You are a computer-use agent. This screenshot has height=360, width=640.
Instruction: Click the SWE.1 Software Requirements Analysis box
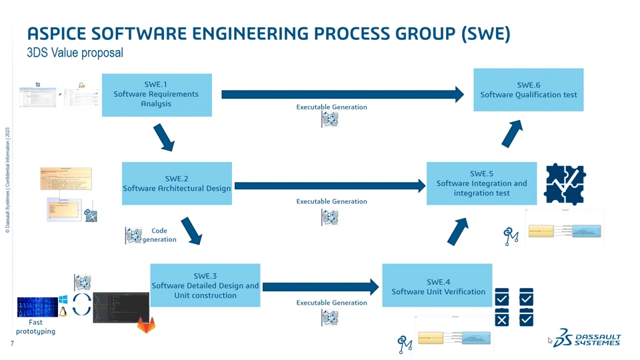[x=157, y=95]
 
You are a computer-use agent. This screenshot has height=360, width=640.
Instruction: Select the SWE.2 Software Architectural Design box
[x=177, y=183]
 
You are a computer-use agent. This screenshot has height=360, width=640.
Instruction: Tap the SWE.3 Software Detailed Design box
[x=205, y=285]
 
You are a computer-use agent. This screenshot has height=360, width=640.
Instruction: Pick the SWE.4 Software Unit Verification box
[x=437, y=286]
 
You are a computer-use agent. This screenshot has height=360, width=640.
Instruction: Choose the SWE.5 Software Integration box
[x=481, y=183]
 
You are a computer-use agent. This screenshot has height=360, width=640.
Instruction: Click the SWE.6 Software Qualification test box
[x=528, y=89]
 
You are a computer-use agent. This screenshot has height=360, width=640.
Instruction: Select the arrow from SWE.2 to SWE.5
[x=330, y=186]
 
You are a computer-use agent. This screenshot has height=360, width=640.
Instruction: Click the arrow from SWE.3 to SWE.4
[x=320, y=287]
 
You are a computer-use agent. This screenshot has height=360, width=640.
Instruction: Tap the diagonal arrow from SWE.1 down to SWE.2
[x=163, y=138]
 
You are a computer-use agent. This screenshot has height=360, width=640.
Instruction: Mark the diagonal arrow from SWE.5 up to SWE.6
[x=511, y=134]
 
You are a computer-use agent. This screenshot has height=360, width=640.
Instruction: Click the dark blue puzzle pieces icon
[x=565, y=184]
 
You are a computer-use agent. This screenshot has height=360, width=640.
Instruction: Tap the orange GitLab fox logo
[x=145, y=325]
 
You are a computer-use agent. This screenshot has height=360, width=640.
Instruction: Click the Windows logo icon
[x=63, y=300]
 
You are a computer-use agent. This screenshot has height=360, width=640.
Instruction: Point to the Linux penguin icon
[x=63, y=312]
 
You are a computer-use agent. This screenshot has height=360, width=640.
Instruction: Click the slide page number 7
[x=12, y=343]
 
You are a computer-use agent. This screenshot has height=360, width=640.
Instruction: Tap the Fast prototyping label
[x=35, y=327]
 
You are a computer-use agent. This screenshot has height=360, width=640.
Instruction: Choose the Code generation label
[x=159, y=235]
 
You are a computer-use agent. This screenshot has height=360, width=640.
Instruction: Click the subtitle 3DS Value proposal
[x=75, y=53]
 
